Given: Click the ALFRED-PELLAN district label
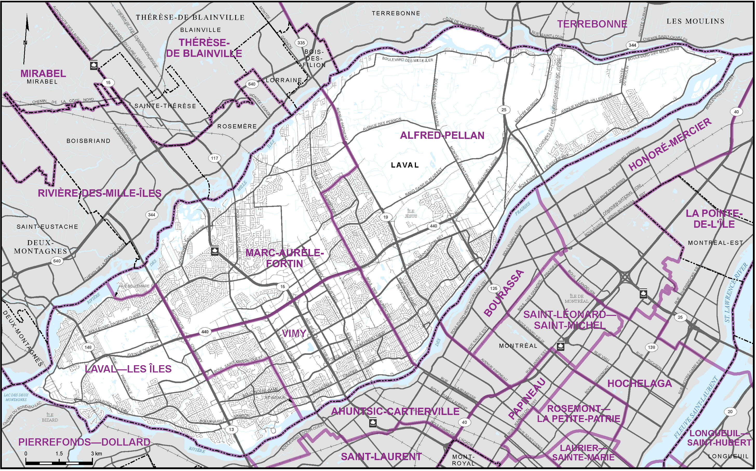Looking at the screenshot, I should pos(442,135).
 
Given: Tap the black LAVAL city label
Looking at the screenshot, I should pos(405,165).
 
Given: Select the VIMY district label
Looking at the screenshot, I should pos(294,334).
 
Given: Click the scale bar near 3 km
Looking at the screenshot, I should pos(92,460).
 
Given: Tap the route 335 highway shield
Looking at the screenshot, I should pos(301,43).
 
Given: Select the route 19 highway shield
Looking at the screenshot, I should pos(386,217).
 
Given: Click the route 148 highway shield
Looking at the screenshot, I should pos(88,347).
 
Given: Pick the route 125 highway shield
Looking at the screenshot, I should pos(494,288).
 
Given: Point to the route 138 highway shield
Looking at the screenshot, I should pos(652,347).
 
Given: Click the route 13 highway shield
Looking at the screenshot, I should pos(231,430).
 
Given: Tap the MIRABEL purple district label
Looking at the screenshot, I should pos(43,73).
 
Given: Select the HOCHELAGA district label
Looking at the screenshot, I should pos(640,384).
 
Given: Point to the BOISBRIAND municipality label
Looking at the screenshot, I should pos(89,141).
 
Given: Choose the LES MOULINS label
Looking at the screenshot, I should pos(695,21).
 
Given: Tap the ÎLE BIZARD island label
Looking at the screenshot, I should pos(50,417).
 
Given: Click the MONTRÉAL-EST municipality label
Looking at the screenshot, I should pos(716,243).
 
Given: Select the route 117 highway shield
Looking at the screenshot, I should pos(214,158).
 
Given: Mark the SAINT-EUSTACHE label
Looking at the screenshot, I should pos(48,227).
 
